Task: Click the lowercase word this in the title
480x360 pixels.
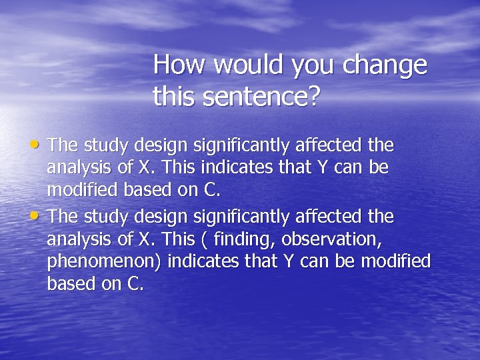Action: point(171,97)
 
